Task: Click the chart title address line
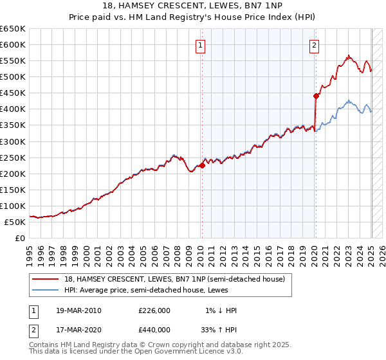[x=192, y=5]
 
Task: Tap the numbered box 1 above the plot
[x=201, y=45]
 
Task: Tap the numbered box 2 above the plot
[x=314, y=45]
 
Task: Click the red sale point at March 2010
[x=202, y=165]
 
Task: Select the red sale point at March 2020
[x=316, y=96]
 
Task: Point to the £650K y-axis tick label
[x=12, y=29]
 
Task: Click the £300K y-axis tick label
[x=12, y=141]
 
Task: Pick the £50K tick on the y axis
[x=15, y=222]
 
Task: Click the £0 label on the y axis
[x=20, y=238]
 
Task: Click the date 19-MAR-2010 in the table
[x=78, y=310]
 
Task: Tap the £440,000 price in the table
[x=154, y=330]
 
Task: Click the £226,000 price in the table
[x=154, y=310]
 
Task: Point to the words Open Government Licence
[x=193, y=352]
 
